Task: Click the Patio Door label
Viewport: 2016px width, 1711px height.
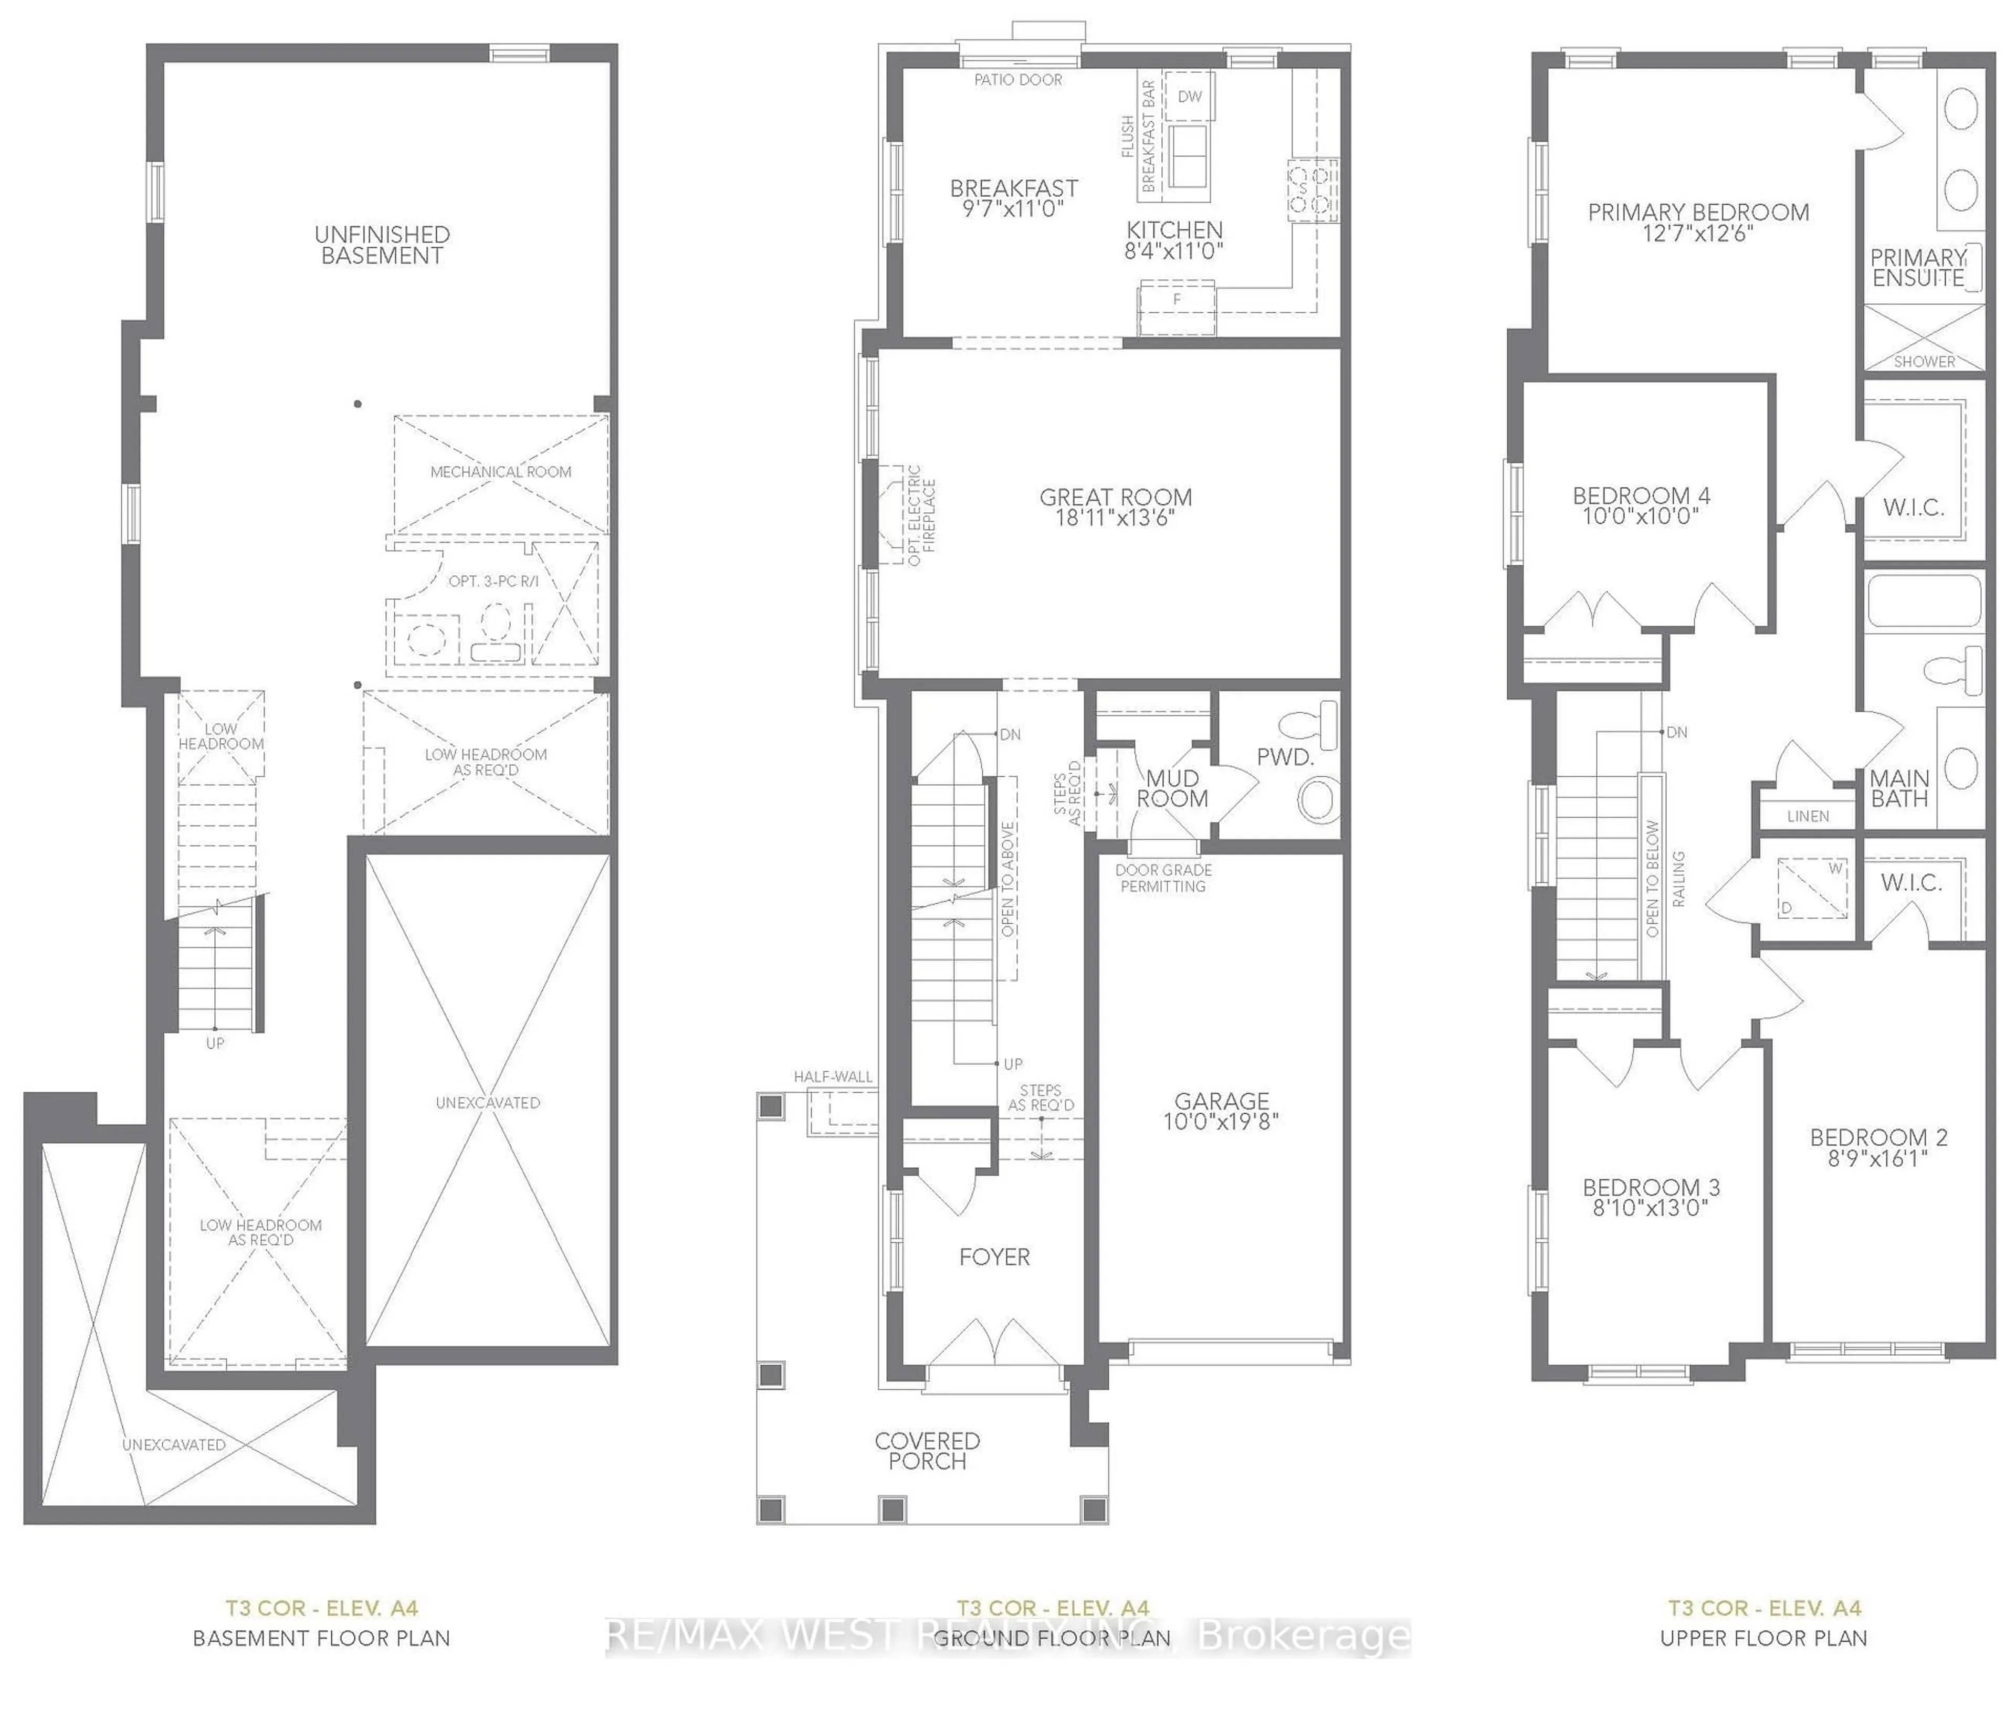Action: tap(1017, 80)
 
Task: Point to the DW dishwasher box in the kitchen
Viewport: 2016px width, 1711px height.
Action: tap(1190, 96)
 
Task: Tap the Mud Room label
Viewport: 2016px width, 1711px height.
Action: tap(1172, 788)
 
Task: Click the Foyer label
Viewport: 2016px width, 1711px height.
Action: tap(994, 1257)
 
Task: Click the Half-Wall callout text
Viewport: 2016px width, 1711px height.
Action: tap(833, 1076)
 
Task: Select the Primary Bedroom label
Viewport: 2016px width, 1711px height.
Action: tap(1698, 213)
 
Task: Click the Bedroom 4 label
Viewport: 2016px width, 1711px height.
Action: tap(1642, 495)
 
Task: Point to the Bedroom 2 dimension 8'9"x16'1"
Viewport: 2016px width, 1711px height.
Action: tap(1878, 1158)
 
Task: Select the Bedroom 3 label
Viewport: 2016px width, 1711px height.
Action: tap(1651, 1187)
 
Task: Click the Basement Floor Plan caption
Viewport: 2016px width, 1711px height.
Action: tap(321, 1638)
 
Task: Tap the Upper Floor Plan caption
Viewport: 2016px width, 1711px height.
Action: tap(1763, 1638)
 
